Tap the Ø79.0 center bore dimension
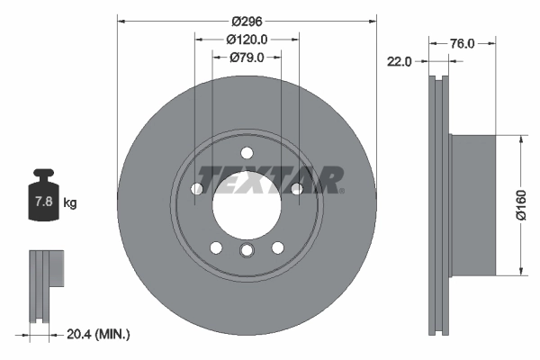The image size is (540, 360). [x=246, y=58]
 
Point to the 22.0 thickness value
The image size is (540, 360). [x=399, y=61]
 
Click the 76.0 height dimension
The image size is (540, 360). [x=462, y=42]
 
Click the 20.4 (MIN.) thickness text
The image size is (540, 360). [x=99, y=334]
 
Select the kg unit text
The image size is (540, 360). [x=70, y=203]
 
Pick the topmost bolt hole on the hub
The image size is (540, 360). [x=246, y=150]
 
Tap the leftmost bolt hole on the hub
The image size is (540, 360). [x=196, y=188]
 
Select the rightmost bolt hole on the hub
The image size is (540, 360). [x=295, y=188]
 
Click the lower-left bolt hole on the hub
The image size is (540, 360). [x=215, y=247]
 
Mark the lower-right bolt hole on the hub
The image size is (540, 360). [x=277, y=247]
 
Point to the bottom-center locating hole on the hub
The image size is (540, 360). [x=246, y=251]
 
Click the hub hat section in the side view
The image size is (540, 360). [x=472, y=205]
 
